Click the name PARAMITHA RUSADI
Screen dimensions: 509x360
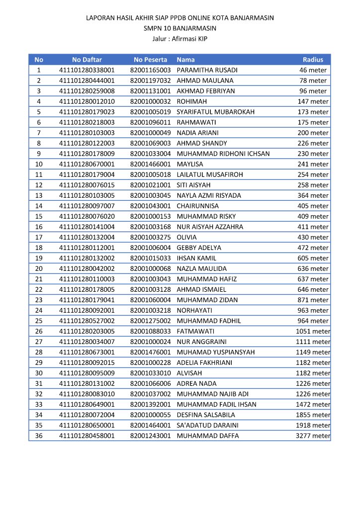click(207, 70)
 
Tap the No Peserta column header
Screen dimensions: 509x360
click(150, 60)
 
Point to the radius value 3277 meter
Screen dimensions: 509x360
click(313, 436)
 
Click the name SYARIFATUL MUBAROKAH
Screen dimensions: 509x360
click(215, 112)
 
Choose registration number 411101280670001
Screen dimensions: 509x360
click(87, 164)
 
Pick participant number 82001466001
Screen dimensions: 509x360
click(150, 164)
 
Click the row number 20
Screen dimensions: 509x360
click(39, 268)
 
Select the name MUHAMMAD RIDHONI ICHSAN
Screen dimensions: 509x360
click(223, 154)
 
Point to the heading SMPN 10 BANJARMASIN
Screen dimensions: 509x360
click(180, 28)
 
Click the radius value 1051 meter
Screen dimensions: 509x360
click(313, 332)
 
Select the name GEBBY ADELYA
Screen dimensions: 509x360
click(199, 248)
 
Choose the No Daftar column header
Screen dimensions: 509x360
click(87, 60)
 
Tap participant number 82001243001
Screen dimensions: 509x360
click(150, 436)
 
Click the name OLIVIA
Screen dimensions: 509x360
click(186, 237)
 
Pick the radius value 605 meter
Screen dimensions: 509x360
click(314, 258)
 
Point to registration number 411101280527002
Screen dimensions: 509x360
click(87, 321)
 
